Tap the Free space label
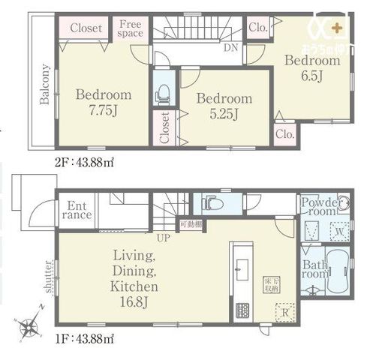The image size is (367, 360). click(131, 28)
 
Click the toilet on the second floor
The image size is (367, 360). click(161, 94)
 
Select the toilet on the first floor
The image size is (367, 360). click(210, 203)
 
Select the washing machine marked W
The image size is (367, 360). click(338, 232)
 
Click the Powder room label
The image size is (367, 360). click(319, 207)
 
